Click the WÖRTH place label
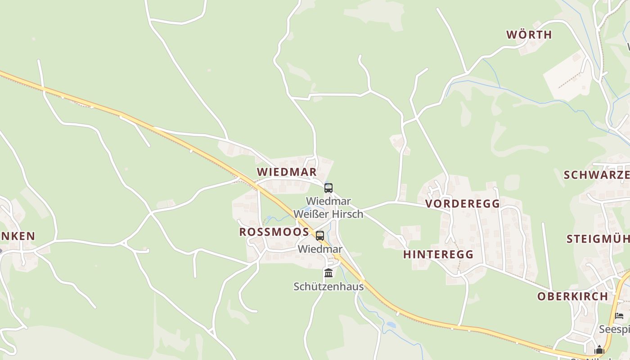pos(529,35)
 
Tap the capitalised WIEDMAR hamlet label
pos(287,172)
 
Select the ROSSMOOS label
pos(274,232)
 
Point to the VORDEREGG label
pos(463,204)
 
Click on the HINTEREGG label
pos(438,254)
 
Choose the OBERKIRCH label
pos(573,297)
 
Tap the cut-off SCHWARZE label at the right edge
pos(596,175)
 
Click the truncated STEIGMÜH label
pos(598,239)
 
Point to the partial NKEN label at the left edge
pos(18,236)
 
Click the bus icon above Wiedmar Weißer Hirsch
pos(328,188)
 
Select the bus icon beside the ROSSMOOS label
pos(320,235)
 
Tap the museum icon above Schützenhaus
pos(328,273)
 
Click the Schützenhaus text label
pos(328,286)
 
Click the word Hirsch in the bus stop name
pos(347,214)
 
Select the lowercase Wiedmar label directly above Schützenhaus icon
pos(320,249)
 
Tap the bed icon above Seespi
pos(619,316)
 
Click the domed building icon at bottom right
pos(599,350)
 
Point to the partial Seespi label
pos(614,329)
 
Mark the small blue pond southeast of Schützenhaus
pos(391,324)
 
